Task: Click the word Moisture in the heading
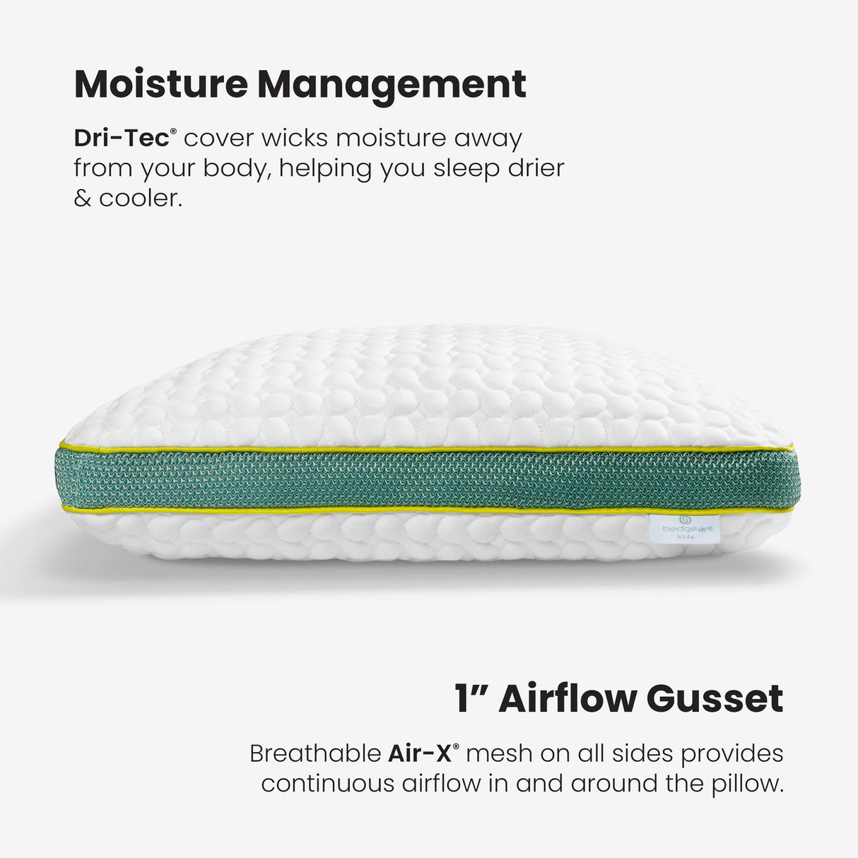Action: coord(160,84)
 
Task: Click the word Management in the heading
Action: coord(392,84)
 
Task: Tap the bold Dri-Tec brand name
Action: coord(120,139)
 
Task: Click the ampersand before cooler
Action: coord(82,199)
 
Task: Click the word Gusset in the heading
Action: coord(715,699)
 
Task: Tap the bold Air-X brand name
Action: coord(419,753)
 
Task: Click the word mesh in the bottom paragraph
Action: coord(499,753)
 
